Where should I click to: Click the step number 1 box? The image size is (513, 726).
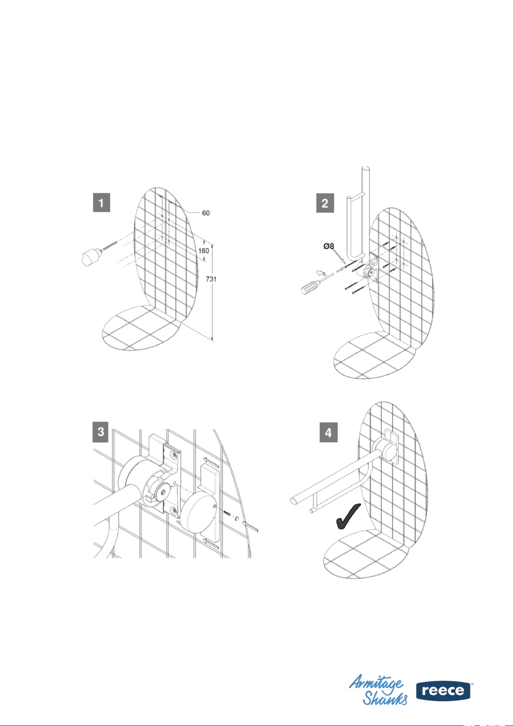[101, 203]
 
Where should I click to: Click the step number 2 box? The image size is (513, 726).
[325, 203]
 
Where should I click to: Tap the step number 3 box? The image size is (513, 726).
[101, 431]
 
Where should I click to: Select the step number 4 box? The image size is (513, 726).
[328, 432]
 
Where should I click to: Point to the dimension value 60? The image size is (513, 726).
[206, 213]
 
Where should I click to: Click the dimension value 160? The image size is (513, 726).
[204, 250]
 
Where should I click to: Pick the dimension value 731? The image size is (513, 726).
[211, 279]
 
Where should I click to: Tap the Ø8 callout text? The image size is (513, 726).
[328, 246]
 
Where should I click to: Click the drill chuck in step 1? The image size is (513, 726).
[90, 258]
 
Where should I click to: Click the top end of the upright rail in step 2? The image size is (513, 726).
[365, 169]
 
